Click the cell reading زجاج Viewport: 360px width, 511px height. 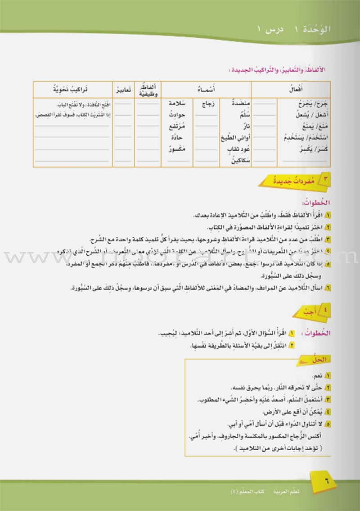[x=207, y=104]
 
